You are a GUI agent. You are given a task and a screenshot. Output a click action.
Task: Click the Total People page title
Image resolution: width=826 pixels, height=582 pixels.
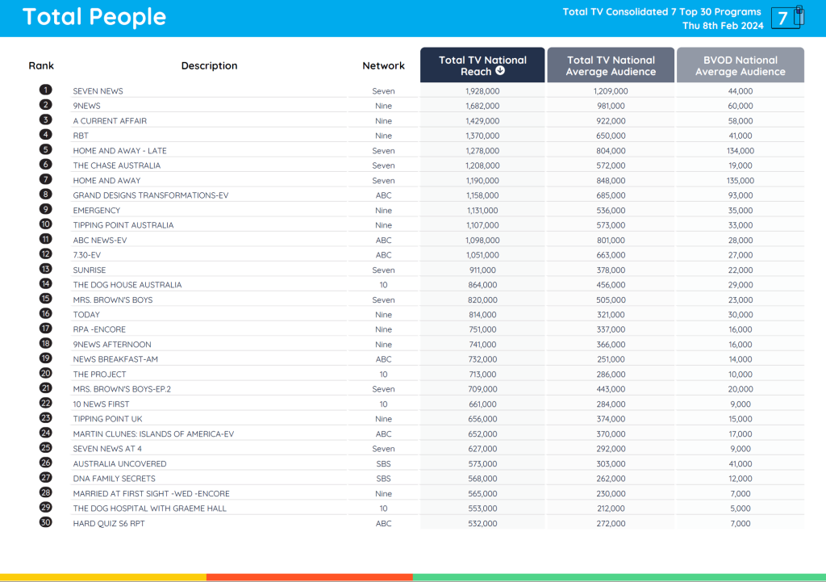[x=94, y=17]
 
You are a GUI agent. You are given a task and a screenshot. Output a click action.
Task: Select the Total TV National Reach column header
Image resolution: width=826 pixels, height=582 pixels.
[x=482, y=65]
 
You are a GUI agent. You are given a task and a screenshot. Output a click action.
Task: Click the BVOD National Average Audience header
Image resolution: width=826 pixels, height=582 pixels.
[x=740, y=65]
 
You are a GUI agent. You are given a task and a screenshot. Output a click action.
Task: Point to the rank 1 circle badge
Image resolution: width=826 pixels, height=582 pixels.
[x=46, y=90]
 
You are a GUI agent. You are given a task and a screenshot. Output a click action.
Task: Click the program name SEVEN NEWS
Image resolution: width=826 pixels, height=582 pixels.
[x=98, y=91]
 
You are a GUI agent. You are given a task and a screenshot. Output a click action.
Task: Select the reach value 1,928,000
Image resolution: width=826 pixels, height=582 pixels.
[x=482, y=91]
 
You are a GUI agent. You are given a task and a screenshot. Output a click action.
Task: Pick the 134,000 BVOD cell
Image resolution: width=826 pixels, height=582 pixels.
[x=740, y=151]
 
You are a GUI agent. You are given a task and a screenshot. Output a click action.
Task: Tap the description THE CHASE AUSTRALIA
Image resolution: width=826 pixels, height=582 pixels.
[x=117, y=165]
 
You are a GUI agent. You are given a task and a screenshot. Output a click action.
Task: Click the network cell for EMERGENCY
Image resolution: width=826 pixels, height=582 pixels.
[x=383, y=211]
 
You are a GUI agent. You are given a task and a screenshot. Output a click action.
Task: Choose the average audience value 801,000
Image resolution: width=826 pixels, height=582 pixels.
[x=611, y=241]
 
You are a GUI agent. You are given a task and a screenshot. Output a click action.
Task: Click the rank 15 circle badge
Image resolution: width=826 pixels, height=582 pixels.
[x=46, y=299]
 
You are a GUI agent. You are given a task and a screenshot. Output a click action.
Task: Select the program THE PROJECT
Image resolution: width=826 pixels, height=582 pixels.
[x=100, y=375]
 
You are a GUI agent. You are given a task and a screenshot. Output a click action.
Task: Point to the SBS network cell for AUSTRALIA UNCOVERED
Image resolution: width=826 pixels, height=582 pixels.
[x=383, y=464]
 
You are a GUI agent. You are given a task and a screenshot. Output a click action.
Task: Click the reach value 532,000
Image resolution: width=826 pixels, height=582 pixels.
[x=482, y=524]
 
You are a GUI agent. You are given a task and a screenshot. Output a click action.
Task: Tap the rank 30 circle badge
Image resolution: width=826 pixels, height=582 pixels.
[x=46, y=523]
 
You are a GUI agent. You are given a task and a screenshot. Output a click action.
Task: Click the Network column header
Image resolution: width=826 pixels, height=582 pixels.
[x=383, y=65]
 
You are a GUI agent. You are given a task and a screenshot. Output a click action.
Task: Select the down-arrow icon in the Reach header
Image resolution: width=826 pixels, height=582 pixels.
[x=500, y=71]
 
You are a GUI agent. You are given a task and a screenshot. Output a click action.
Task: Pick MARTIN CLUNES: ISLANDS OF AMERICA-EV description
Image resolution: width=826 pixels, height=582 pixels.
[x=153, y=434]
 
